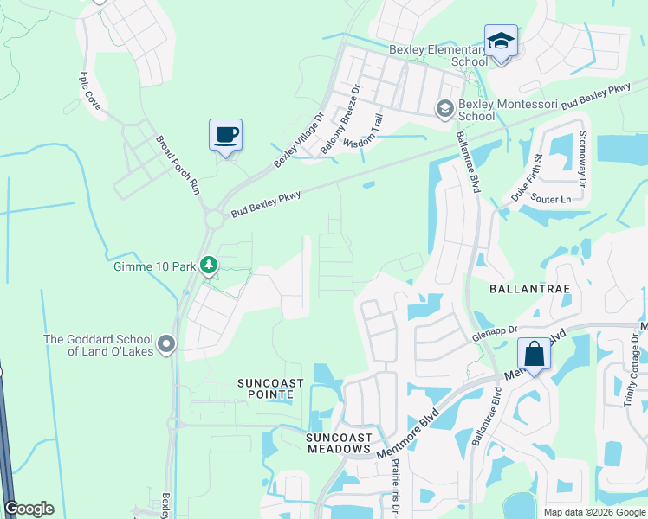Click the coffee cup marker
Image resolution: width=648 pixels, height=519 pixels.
(x=225, y=136)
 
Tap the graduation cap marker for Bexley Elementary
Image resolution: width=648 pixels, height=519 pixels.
(x=501, y=42)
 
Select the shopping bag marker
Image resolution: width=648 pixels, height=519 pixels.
(x=535, y=355)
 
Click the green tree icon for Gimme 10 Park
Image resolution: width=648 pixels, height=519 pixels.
(x=208, y=266)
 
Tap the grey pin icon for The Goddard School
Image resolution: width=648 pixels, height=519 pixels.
(x=167, y=345)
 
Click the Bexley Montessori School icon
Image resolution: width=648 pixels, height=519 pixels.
(x=444, y=108)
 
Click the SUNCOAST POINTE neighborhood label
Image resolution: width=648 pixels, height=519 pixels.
(x=265, y=388)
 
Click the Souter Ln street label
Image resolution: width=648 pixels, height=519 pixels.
(x=552, y=200)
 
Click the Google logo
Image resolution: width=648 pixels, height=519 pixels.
(x=29, y=509)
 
